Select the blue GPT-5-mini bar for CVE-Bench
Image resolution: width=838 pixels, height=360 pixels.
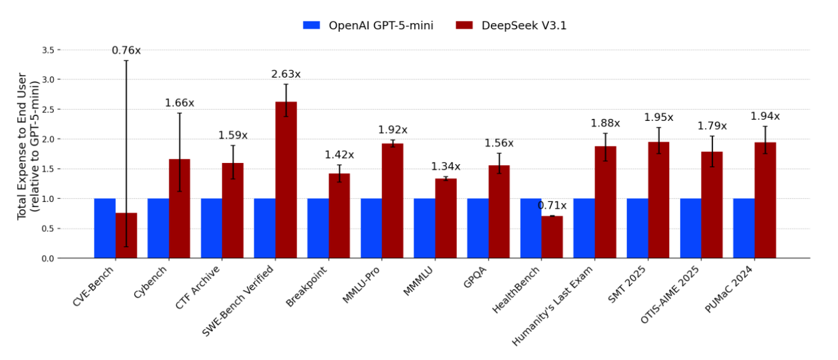click(x=105, y=228)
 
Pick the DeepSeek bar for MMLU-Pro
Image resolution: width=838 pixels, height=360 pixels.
click(x=393, y=201)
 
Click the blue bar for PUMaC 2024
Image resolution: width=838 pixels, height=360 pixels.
click(x=743, y=228)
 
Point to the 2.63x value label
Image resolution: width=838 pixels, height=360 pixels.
click(x=286, y=74)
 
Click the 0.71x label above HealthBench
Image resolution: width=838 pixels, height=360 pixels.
click(x=552, y=206)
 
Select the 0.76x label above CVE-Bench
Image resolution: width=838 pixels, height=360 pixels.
click(x=126, y=51)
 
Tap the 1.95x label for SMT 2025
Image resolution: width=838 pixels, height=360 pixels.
click(x=659, y=117)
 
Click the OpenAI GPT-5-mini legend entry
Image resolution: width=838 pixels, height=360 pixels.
click(x=368, y=26)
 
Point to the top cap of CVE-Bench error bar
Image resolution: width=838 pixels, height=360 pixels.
click(x=126, y=60)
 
